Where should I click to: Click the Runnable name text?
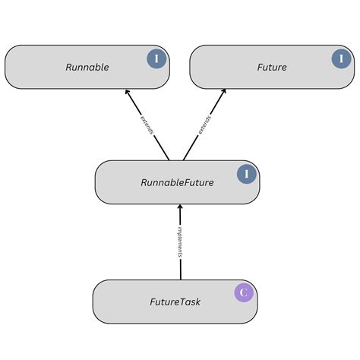tap(87, 67)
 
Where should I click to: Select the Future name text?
tap(272, 67)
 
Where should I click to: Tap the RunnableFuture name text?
tap(177, 182)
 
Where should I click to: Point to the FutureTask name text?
tap(175, 302)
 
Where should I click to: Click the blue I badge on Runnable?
tap(156, 58)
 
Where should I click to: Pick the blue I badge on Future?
tap(341, 58)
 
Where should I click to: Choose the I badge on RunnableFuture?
tap(246, 175)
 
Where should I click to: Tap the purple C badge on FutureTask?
tap(244, 292)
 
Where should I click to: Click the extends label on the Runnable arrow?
tap(147, 125)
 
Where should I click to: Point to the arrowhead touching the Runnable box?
tap(128, 93)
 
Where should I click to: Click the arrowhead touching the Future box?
tap(223, 93)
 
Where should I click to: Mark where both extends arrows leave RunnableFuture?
tap(176, 159)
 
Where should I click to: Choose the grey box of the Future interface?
tap(228, 76)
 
